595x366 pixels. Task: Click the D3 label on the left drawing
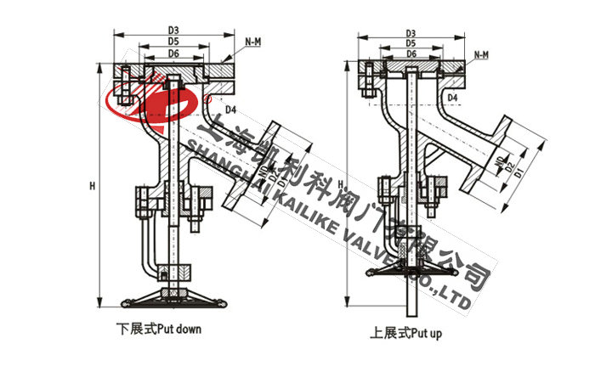point(173,28)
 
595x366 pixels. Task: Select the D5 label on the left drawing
point(173,40)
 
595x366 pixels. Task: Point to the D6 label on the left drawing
point(173,53)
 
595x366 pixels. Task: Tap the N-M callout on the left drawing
point(252,41)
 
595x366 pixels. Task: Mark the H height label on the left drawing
point(91,185)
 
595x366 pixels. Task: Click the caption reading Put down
point(159,327)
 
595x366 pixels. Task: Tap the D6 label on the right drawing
point(411,53)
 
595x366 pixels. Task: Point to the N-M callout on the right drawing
point(481,55)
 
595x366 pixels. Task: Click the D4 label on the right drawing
point(453,99)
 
